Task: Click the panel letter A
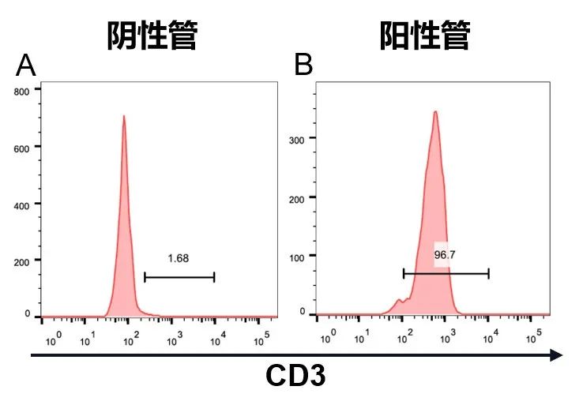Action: [26, 66]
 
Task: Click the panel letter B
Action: [303, 66]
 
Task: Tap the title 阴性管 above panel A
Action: [152, 36]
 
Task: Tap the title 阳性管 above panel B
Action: [425, 36]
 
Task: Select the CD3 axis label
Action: [295, 376]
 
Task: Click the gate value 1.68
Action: [179, 257]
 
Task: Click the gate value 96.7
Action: [446, 255]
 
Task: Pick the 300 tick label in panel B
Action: [297, 138]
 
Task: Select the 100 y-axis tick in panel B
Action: [297, 256]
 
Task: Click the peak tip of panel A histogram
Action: [123, 117]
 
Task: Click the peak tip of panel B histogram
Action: [435, 112]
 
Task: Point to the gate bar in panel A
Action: [179, 277]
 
